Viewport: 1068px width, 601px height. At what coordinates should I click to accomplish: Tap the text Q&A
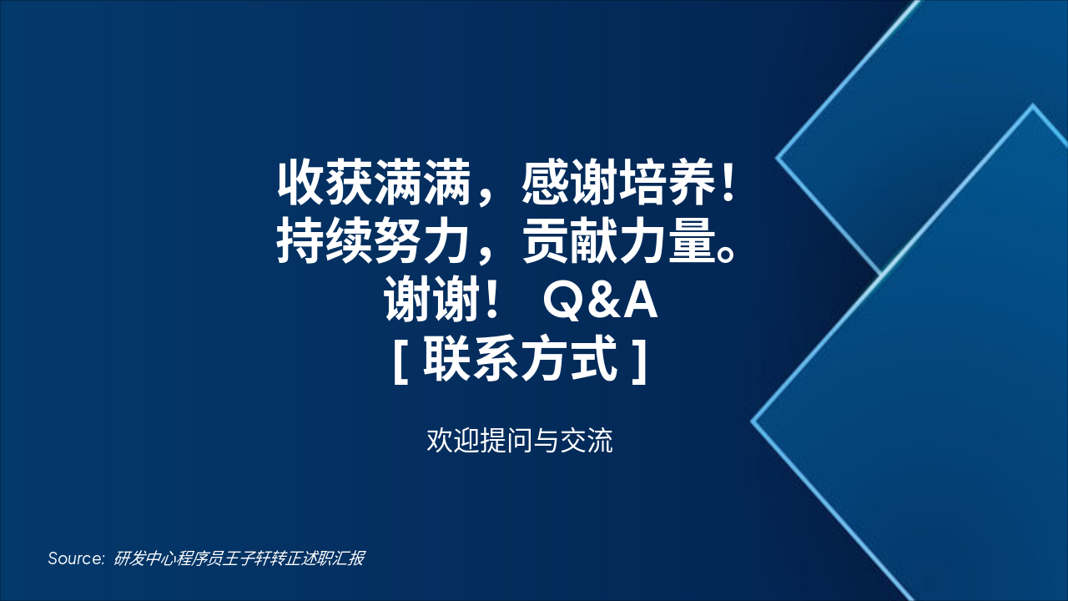600,302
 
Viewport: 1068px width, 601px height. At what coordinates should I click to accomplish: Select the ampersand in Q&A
601,302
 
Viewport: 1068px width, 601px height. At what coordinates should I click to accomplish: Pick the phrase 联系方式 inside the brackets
521,360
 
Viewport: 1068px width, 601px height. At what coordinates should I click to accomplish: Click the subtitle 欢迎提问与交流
519,440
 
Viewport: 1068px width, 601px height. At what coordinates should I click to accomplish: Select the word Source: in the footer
76,558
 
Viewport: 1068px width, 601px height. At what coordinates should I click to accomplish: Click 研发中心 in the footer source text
141,558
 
